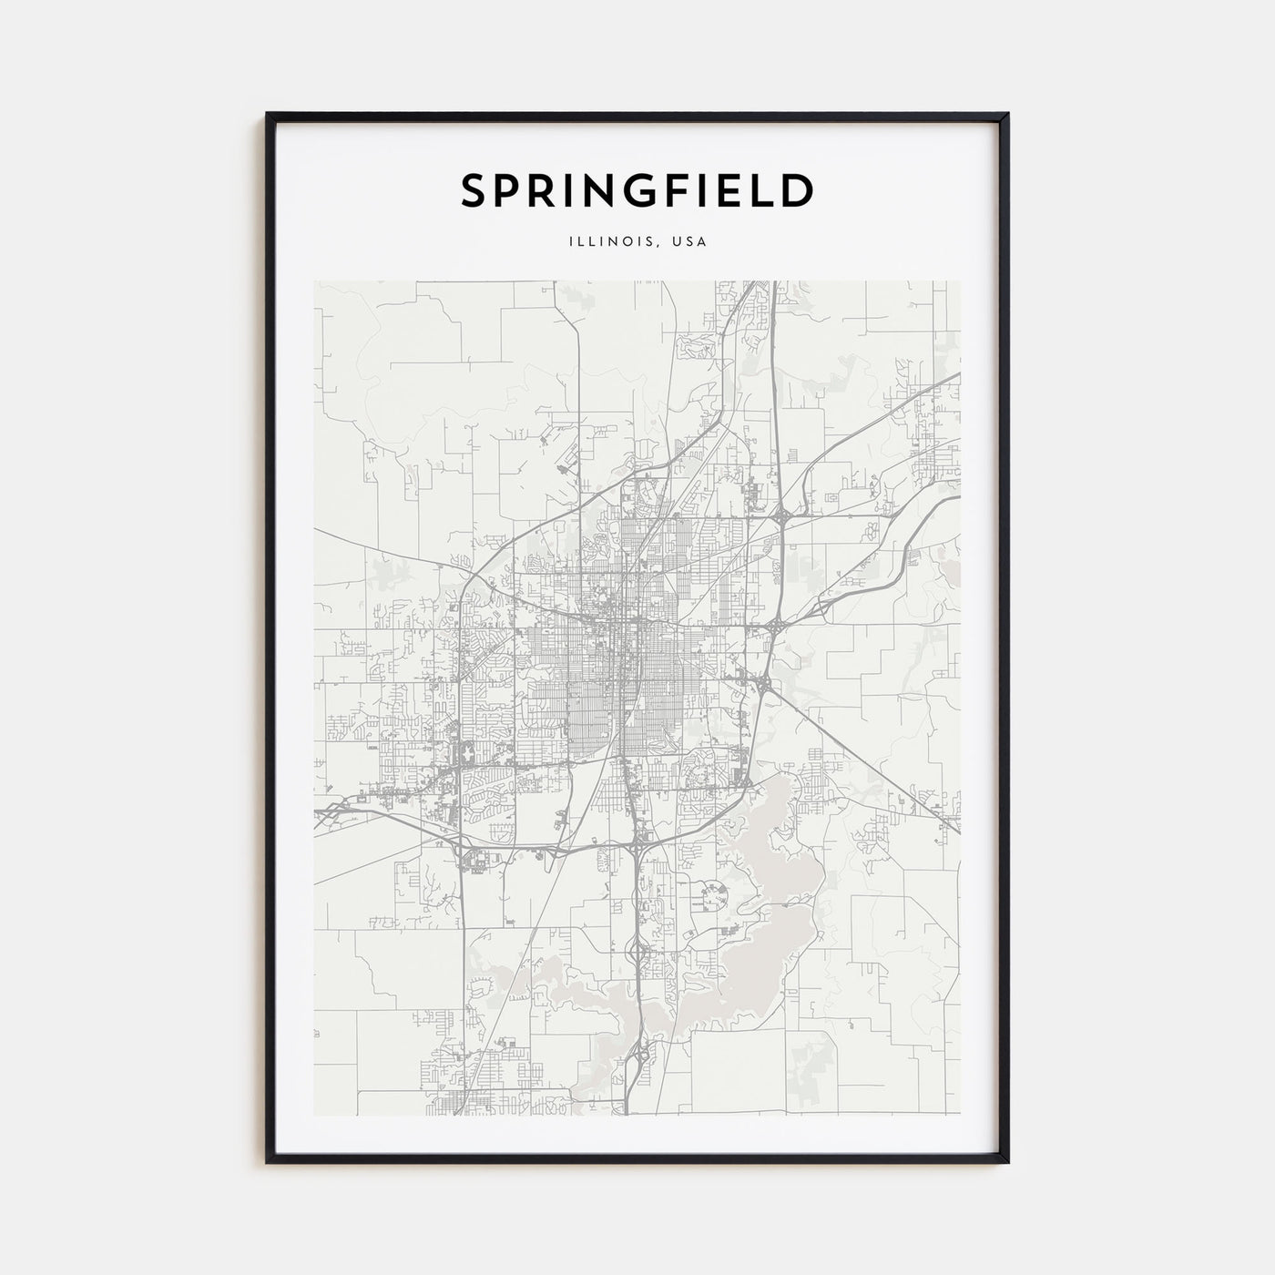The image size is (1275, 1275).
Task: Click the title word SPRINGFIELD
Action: [637, 190]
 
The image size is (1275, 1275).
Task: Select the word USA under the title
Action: [689, 242]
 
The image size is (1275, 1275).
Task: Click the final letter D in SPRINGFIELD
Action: [798, 191]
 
